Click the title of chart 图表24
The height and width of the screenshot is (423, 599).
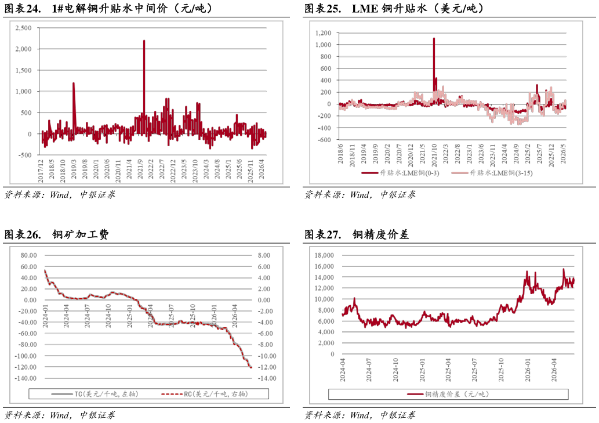108,8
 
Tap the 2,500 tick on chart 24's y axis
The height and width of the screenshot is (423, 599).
24,28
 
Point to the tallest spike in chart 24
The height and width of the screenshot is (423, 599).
144,41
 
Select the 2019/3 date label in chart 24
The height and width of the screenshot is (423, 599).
74,169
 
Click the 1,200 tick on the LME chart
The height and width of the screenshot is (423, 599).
323,33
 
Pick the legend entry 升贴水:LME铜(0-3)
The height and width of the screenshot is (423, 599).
400,173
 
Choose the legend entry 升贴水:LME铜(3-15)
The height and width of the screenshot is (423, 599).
492,173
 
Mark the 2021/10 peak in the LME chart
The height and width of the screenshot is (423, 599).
434,39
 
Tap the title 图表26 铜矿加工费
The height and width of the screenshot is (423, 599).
56,234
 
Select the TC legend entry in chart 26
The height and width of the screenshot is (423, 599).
95,394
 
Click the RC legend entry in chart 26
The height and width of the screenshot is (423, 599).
204,394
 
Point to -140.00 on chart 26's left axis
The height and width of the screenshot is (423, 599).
26,378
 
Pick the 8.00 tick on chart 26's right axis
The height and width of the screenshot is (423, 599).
264,255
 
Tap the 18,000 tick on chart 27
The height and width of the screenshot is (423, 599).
324,255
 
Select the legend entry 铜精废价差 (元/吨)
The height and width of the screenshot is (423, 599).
448,394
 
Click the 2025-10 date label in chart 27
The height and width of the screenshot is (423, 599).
501,370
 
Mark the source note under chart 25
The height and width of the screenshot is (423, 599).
360,195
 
